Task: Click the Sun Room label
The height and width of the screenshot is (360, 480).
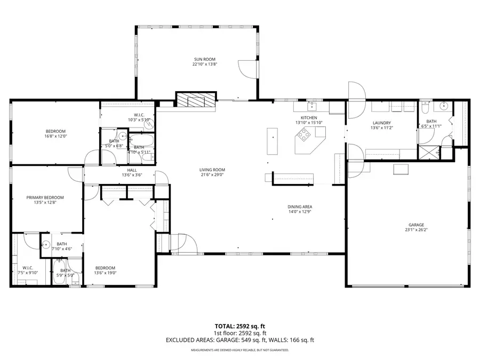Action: (205, 59)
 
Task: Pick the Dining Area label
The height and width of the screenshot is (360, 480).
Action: (299, 206)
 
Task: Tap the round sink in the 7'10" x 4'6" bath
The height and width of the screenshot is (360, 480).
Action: (46, 245)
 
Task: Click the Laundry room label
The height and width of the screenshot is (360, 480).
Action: (382, 123)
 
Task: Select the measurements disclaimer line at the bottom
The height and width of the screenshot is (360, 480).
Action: (240, 350)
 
